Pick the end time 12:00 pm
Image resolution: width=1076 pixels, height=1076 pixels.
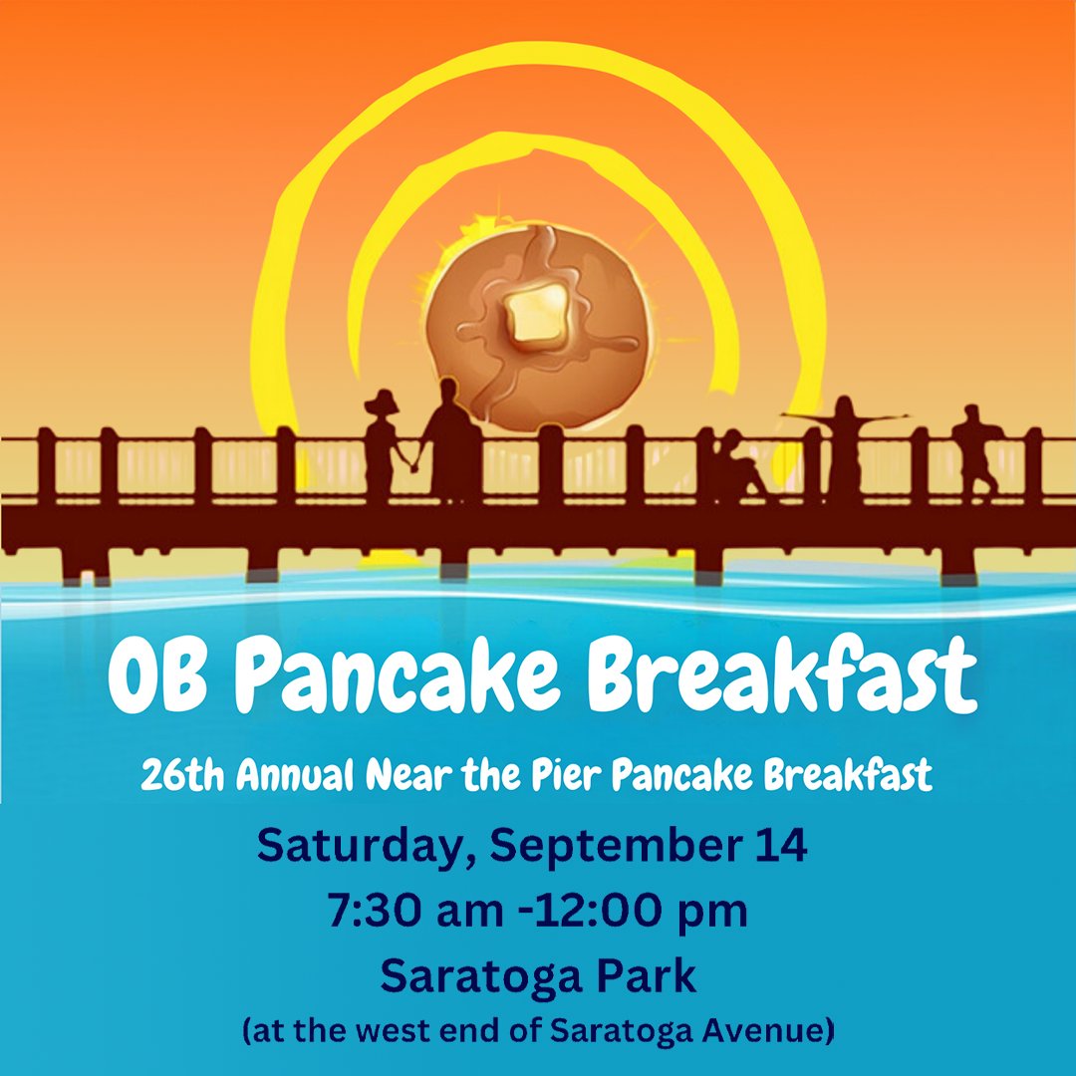coord(659,912)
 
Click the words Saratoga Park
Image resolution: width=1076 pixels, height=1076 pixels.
coord(538,976)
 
